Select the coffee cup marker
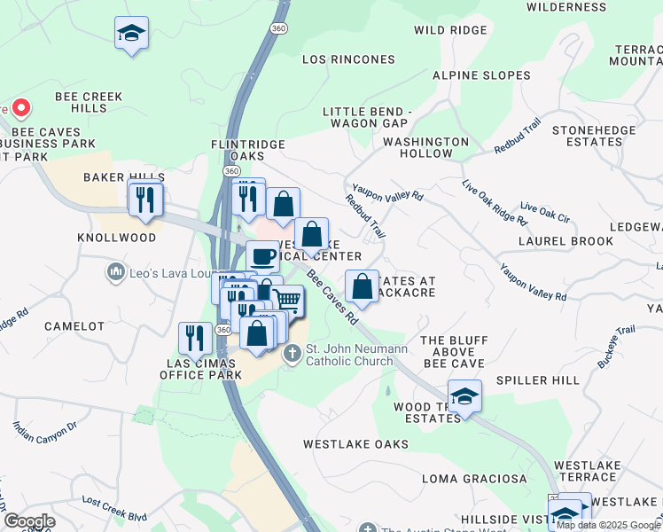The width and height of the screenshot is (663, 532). tap(262, 256)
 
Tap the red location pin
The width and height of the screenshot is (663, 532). tap(20, 109)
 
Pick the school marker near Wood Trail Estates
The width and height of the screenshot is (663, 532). tap(464, 395)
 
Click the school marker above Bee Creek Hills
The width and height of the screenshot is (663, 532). tap(131, 34)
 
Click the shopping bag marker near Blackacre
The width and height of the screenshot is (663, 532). tap(362, 286)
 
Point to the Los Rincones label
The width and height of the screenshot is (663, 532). tap(348, 59)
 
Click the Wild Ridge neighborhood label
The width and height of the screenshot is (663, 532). tap(450, 30)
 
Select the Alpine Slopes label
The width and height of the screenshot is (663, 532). tap(481, 75)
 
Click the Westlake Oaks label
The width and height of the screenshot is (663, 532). tap(355, 443)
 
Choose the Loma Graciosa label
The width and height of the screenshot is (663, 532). tap(462, 479)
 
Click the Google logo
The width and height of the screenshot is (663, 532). tap(30, 521)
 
